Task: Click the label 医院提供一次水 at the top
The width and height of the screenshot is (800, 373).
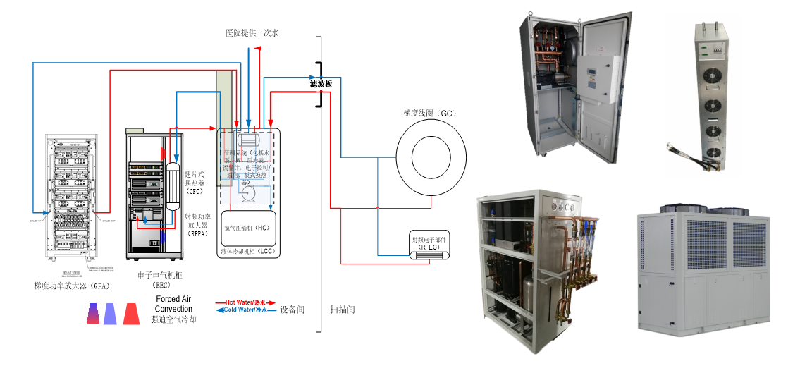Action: (252, 32)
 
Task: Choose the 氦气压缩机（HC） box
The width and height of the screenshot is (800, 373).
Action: (247, 228)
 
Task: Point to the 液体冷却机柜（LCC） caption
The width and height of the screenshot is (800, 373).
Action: (247, 252)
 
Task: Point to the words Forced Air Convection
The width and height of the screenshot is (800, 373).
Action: (173, 304)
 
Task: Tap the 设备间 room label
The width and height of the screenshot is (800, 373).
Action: (292, 310)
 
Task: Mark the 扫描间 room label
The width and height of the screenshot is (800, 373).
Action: (342, 310)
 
